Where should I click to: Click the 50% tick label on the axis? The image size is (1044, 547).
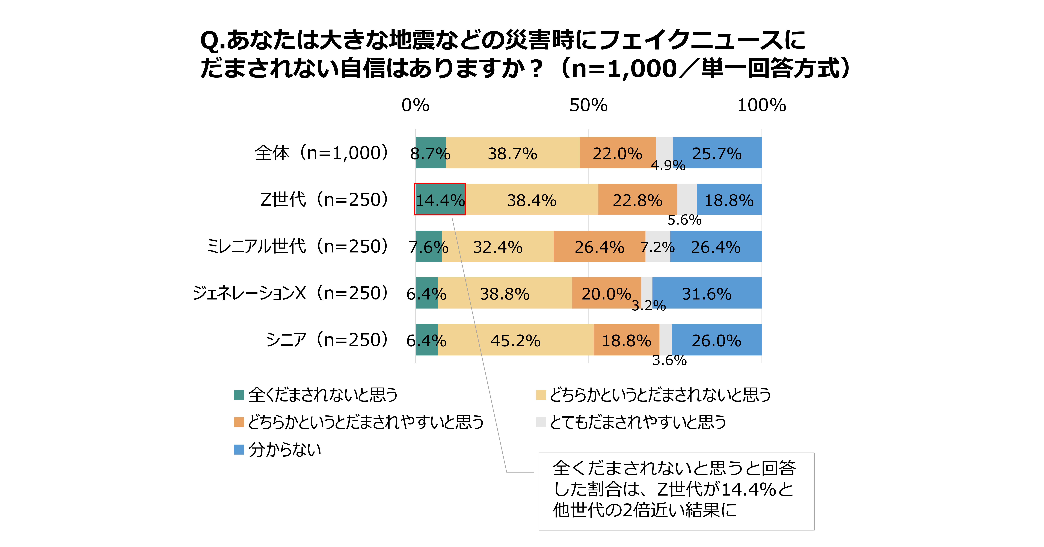tap(588, 105)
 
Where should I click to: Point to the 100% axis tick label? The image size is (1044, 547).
tap(761, 105)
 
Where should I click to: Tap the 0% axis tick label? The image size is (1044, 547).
tap(415, 105)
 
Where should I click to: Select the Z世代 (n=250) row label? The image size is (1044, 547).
tap(324, 199)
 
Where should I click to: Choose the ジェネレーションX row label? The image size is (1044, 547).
tap(291, 293)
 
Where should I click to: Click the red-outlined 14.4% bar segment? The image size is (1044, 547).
tap(440, 199)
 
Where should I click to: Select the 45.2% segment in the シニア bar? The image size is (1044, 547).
tap(515, 340)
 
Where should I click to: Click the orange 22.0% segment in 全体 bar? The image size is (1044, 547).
tap(617, 153)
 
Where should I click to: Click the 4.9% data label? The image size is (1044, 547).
tap(668, 165)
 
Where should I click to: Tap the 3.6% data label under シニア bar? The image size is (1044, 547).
tap(669, 360)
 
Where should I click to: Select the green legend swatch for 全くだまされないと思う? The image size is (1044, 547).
tap(239, 395)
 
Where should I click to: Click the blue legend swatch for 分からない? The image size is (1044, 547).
tap(239, 449)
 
